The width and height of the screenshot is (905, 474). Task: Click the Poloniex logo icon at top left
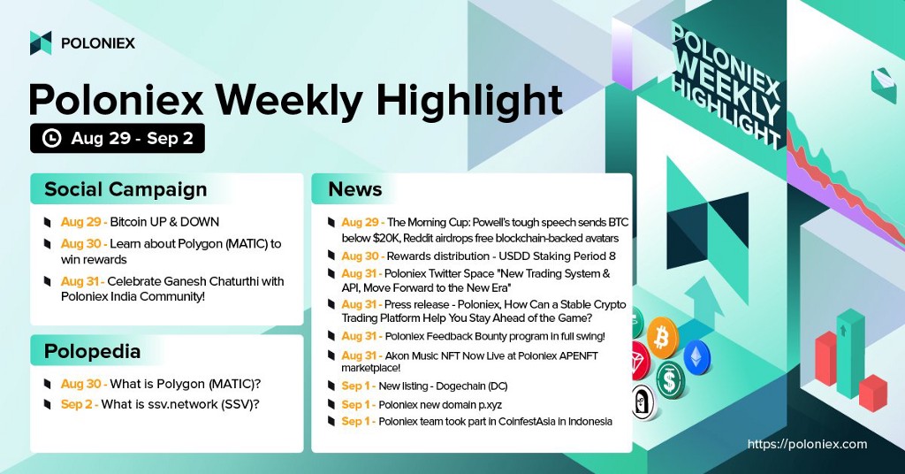[x=41, y=42]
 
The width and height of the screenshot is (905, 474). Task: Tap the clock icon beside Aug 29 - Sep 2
[x=52, y=139]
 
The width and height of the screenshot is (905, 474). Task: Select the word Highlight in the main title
[x=469, y=101]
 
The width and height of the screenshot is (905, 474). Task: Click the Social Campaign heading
[x=125, y=189]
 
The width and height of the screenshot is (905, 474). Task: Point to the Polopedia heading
[x=92, y=351]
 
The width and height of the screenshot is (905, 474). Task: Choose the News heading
[x=355, y=189]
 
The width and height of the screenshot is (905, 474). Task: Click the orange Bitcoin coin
[x=662, y=337]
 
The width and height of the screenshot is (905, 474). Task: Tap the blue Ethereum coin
[x=696, y=358]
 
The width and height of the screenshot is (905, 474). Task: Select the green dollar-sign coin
[x=670, y=380]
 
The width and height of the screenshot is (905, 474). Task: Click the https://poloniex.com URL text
[x=807, y=444]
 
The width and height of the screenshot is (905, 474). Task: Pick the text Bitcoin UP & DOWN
[x=164, y=222]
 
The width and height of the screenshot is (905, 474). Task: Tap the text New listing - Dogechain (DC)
[x=444, y=386]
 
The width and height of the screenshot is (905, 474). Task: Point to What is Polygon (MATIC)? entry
[x=186, y=384]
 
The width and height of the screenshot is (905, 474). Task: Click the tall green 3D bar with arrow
[x=851, y=354]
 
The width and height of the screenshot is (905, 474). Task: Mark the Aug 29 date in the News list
[x=361, y=222]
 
